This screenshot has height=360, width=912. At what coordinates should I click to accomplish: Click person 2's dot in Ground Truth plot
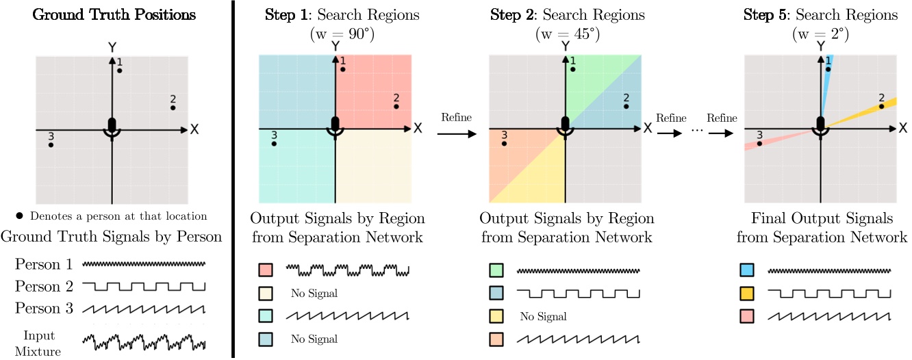(x=173, y=107)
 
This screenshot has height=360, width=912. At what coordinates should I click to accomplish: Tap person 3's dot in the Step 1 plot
(x=275, y=144)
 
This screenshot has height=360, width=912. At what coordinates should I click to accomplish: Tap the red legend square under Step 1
(x=265, y=271)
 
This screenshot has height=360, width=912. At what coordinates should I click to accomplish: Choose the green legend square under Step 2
(x=496, y=271)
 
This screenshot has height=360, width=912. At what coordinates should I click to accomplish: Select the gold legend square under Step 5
(x=748, y=294)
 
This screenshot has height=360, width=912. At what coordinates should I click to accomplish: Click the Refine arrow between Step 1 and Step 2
(x=457, y=134)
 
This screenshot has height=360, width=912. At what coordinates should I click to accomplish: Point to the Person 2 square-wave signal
(x=144, y=286)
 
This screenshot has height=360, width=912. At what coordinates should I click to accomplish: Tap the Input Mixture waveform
(x=144, y=339)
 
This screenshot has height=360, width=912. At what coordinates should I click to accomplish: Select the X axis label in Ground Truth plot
(x=194, y=129)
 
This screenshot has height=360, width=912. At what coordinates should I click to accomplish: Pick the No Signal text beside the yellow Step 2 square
(x=544, y=316)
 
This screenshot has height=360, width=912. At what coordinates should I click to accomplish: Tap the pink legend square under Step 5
(x=748, y=316)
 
